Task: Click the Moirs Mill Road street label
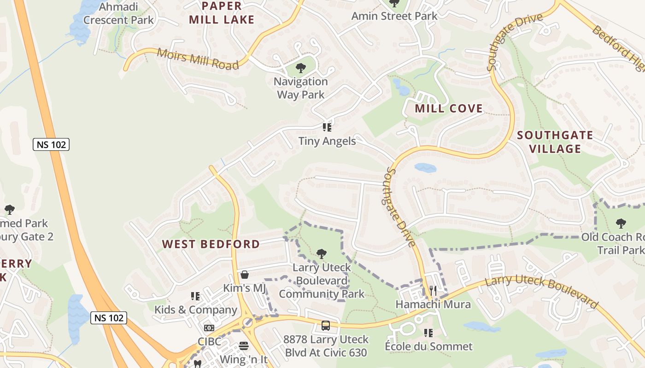(198, 58)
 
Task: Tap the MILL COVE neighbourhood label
(449, 109)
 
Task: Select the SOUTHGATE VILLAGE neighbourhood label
(555, 142)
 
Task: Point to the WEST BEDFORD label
(211, 244)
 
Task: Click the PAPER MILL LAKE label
(222, 13)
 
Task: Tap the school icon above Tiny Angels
(327, 127)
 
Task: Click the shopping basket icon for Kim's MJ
(245, 275)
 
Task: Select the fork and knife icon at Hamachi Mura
(433, 290)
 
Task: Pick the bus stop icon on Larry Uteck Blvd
(326, 326)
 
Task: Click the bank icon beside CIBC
(209, 328)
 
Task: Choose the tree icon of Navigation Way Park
(301, 69)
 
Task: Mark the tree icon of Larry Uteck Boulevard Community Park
(322, 253)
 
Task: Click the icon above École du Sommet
(428, 333)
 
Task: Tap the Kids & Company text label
(195, 310)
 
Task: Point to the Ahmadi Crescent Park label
(118, 13)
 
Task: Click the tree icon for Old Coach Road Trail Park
(621, 224)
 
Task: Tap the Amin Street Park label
(394, 16)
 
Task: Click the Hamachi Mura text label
(433, 305)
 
